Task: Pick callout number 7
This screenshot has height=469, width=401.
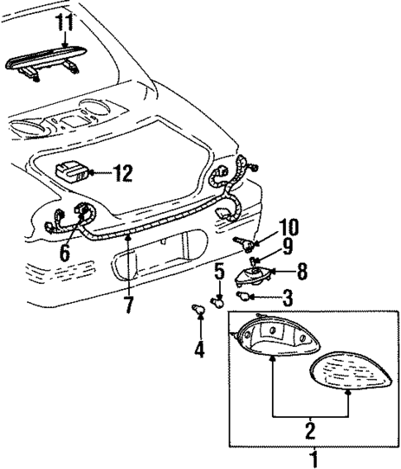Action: (127, 305)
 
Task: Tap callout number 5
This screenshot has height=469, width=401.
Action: (220, 270)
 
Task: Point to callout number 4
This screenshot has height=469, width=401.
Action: (198, 348)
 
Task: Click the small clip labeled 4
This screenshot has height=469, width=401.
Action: (198, 311)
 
